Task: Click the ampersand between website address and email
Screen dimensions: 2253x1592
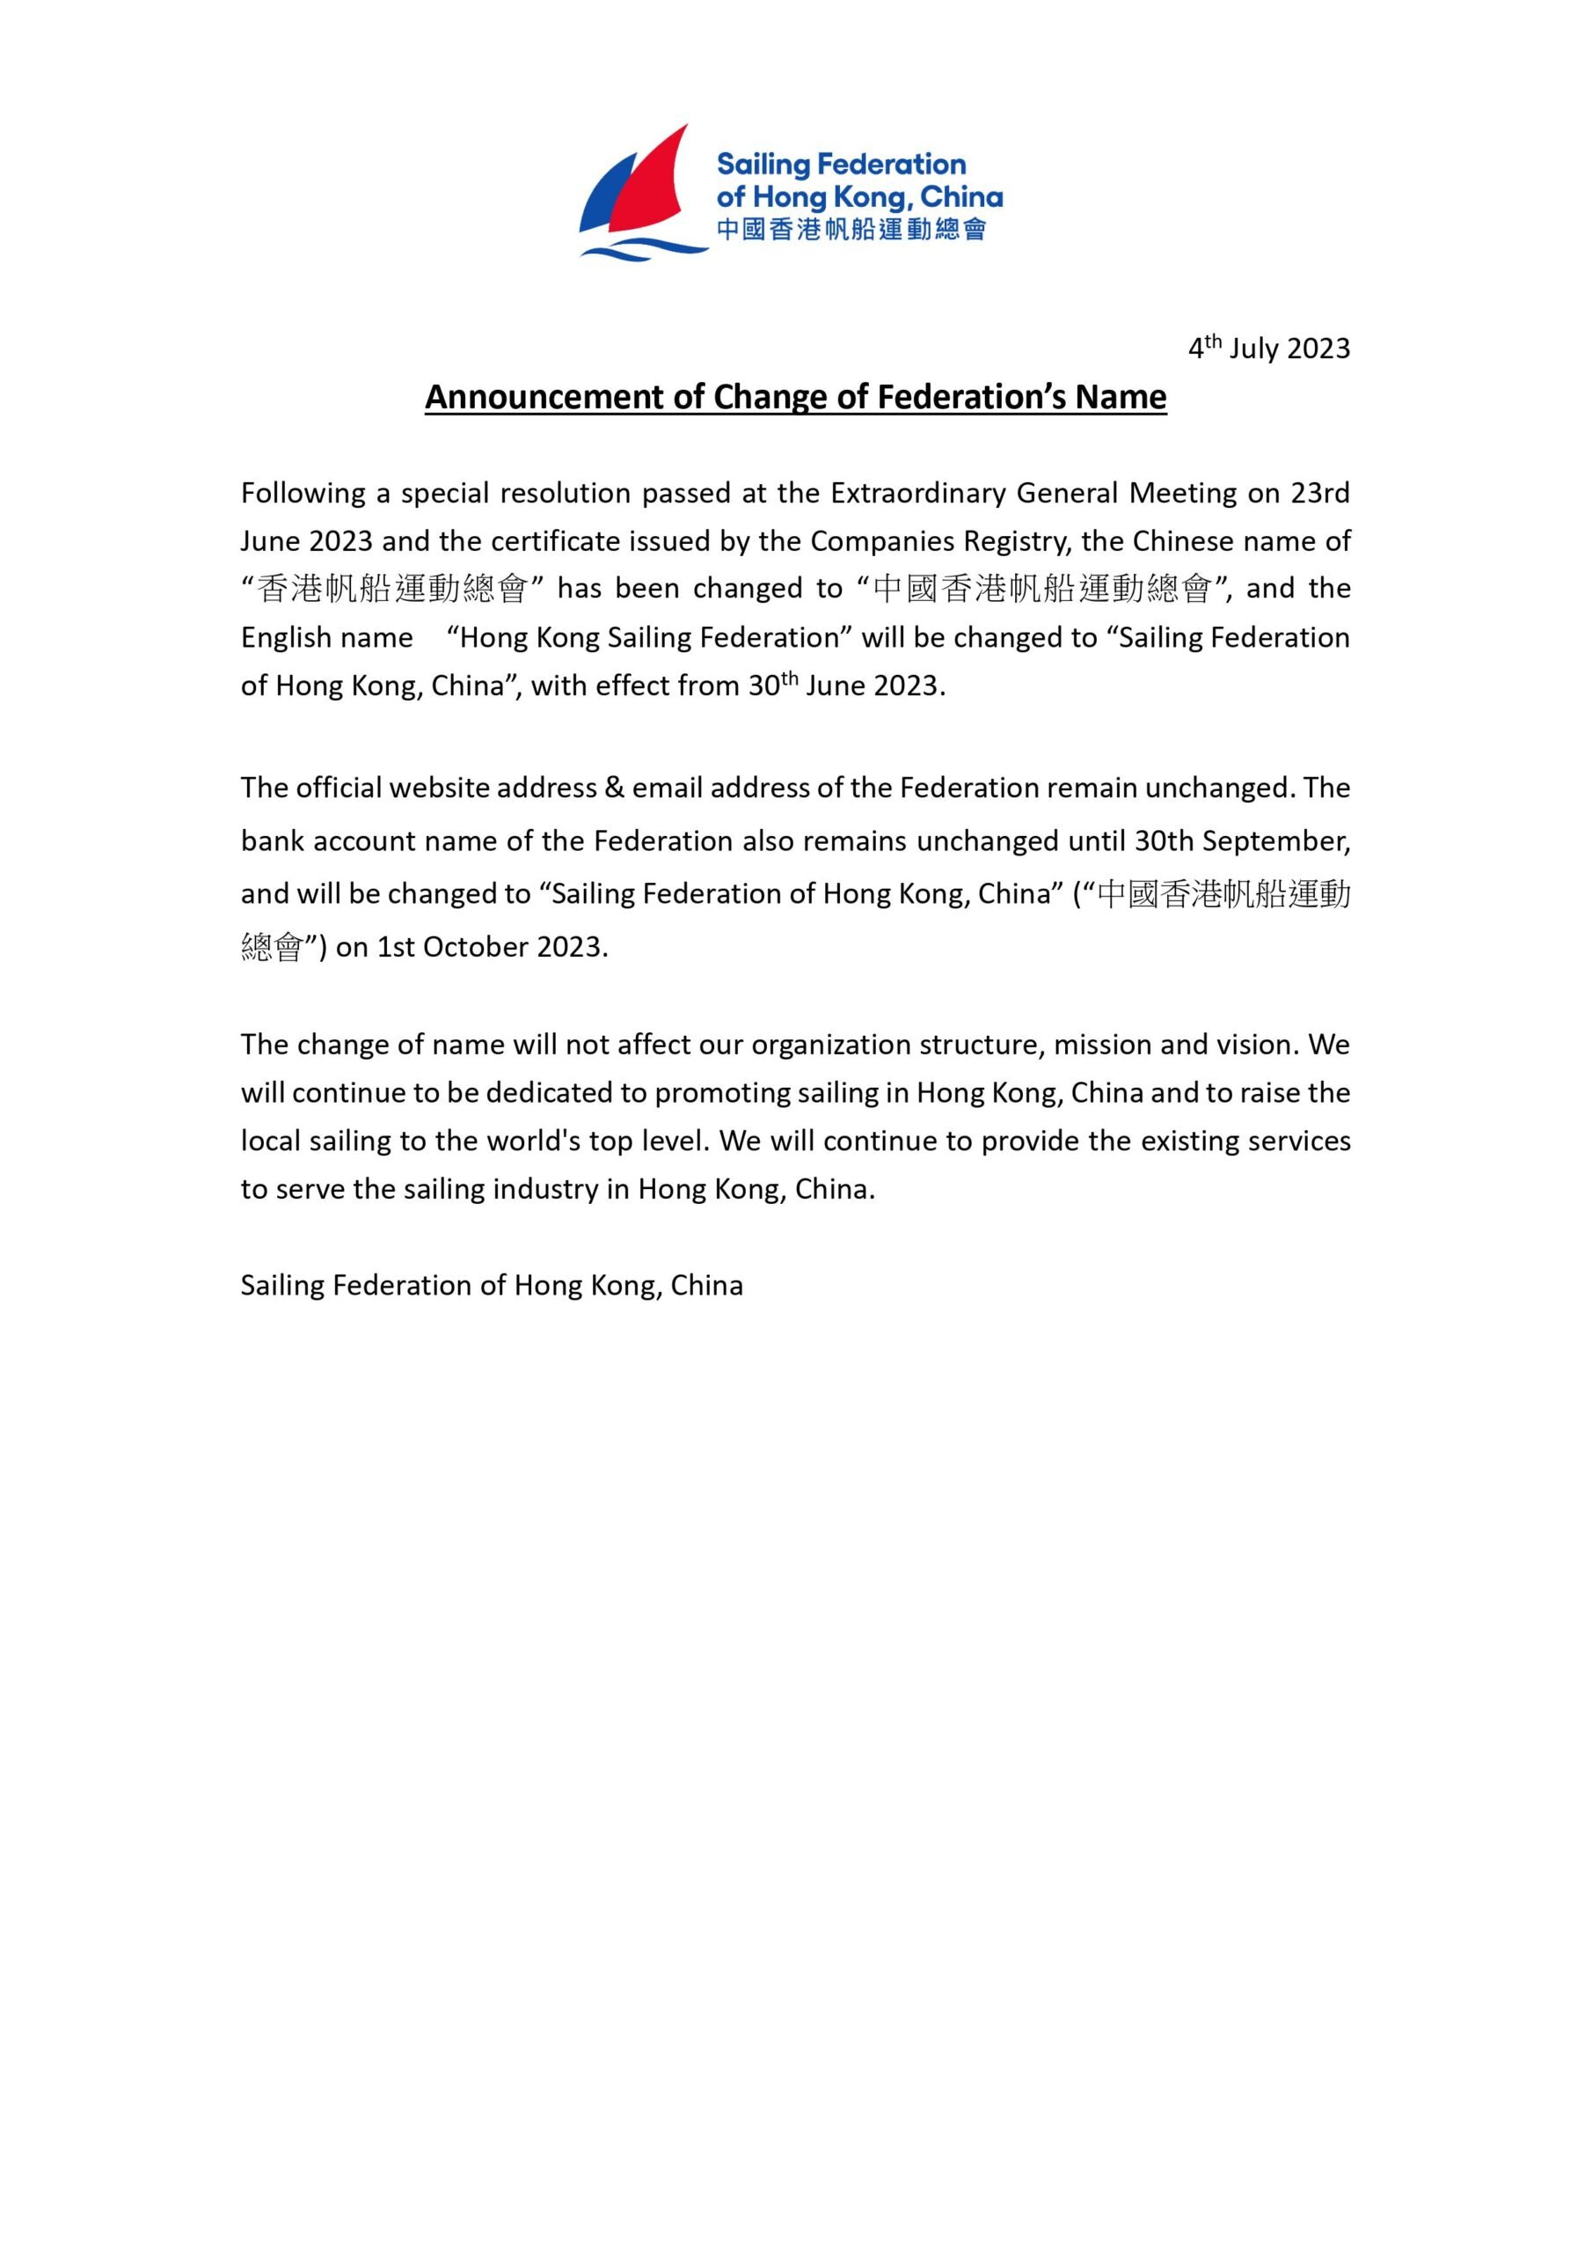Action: pyautogui.click(x=614, y=788)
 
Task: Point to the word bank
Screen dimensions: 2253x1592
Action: pyautogui.click(x=272, y=841)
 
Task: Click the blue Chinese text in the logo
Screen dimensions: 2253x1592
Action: pyautogui.click(x=851, y=231)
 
